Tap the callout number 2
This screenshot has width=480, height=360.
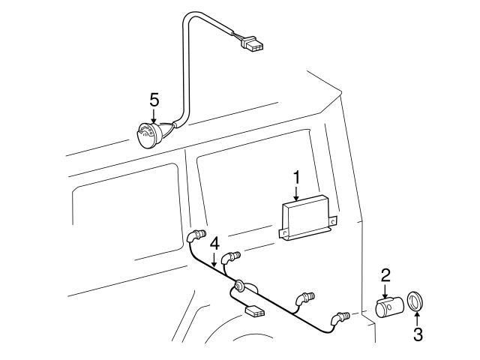coord(385,275)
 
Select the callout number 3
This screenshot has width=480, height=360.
coord(418,334)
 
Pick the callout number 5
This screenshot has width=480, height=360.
coord(154,100)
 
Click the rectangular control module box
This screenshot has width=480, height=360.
coord(307,217)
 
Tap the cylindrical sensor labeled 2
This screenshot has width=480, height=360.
coord(389,307)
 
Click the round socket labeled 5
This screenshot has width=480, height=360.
coord(148,135)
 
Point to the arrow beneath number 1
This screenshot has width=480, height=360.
coord(296,193)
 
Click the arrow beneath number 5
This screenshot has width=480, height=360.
coord(154,116)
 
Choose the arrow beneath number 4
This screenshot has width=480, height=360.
coord(214,259)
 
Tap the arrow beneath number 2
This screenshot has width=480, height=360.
coord(385,290)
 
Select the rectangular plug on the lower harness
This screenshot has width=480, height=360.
coord(255,313)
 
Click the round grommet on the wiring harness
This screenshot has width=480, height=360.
coord(239,286)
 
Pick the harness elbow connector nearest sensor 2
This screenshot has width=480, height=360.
coord(339,318)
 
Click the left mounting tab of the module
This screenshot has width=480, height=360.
coord(283,233)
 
